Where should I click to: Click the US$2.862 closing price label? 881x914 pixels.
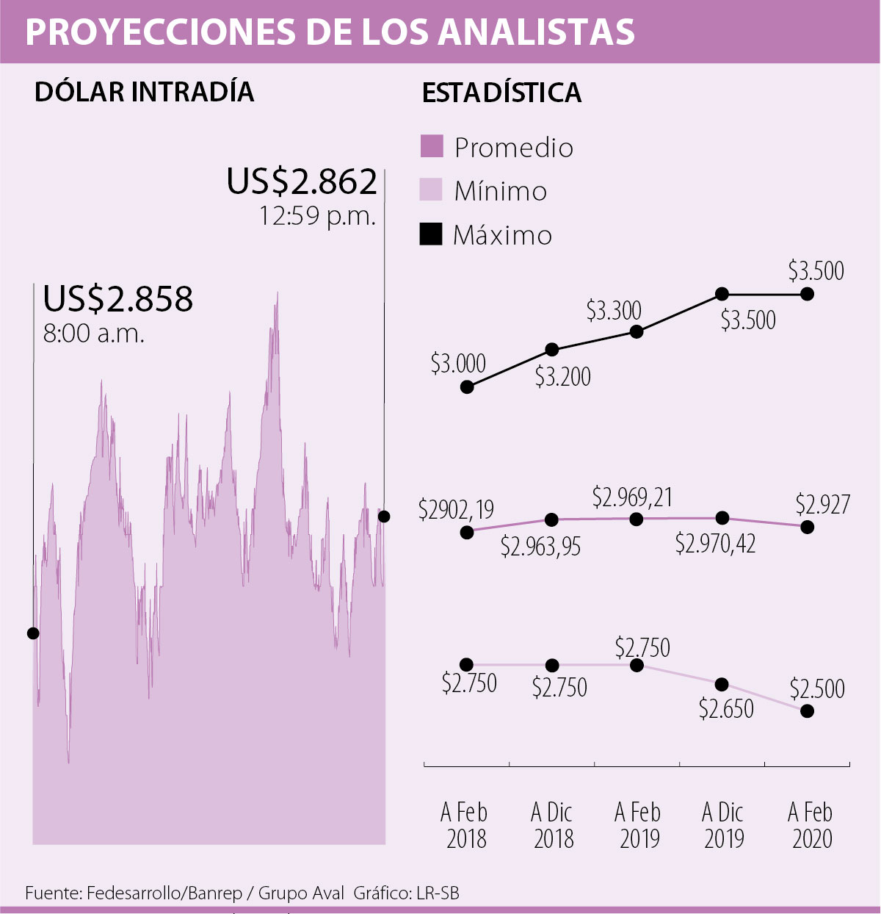(302, 181)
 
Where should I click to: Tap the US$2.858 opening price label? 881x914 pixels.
(117, 298)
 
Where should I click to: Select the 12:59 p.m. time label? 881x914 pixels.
(317, 216)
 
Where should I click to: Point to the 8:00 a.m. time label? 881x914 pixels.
(93, 334)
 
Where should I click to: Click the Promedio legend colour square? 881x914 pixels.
(432, 146)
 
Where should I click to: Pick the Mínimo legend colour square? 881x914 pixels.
(432, 190)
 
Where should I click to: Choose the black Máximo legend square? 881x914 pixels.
(432, 234)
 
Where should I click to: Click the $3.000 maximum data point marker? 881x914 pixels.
(467, 386)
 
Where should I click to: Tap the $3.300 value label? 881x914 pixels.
(614, 311)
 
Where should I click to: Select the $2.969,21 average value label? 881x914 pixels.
(632, 497)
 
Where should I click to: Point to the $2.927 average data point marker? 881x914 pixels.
(808, 527)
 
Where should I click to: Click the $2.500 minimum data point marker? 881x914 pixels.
(808, 711)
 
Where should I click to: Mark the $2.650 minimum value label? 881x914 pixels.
(726, 709)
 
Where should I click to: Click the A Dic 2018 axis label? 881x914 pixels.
(553, 825)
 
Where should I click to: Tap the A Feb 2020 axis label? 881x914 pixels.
(811, 825)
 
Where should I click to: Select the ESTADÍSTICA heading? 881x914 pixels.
(502, 93)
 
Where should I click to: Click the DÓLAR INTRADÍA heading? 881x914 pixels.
(145, 92)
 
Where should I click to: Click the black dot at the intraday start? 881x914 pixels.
(33, 633)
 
